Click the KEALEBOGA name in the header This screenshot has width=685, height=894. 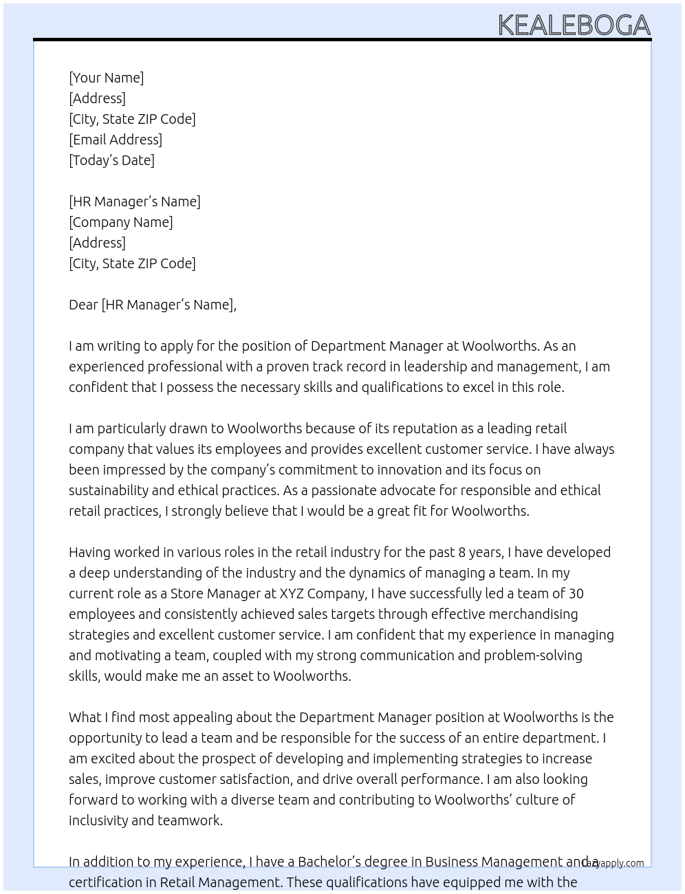574,25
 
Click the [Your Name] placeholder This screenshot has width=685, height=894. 106,78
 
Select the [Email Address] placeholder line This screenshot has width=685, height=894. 116,140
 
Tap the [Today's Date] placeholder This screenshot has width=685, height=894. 111,160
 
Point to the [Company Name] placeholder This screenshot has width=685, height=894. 120,222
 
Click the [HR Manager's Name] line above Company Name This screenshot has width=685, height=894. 135,201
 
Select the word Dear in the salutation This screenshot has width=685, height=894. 83,305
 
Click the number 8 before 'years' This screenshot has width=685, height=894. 462,552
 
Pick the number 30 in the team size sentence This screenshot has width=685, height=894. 576,593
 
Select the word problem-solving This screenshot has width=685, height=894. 533,655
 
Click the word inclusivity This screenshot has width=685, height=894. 98,820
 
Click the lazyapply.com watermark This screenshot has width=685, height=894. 613,863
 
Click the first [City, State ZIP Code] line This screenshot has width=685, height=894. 132,119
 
